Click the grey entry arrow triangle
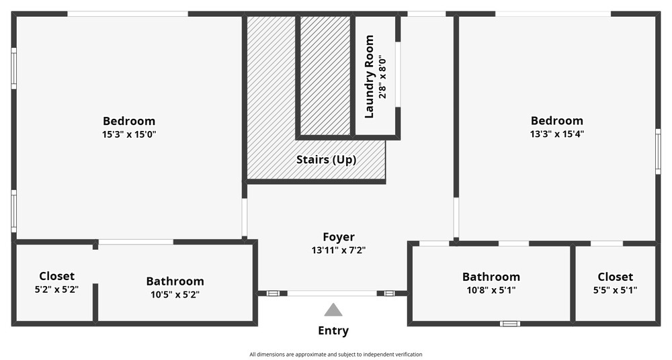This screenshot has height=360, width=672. tap(333, 310)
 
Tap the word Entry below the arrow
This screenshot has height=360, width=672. tap(333, 330)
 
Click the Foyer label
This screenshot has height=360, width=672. tap(339, 237)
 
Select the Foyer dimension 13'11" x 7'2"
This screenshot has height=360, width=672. tap(339, 251)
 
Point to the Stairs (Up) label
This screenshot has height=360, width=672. tap(327, 160)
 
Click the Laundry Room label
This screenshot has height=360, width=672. tap(369, 77)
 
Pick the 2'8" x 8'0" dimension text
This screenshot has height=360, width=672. tap(382, 77)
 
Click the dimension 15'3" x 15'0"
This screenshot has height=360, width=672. tap(129, 134)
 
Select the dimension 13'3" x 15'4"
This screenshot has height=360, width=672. tap(556, 134)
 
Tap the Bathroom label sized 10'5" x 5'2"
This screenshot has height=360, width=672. tap(175, 281)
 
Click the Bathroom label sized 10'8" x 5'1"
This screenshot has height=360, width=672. tap(491, 277)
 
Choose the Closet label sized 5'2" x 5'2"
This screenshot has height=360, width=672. tap(56, 276)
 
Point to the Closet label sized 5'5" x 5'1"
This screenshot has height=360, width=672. tap(615, 277)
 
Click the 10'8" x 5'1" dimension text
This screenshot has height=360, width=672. tap(491, 290)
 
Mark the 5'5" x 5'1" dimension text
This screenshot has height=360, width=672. tap(615, 290)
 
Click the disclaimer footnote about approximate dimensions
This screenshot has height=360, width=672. tap(335, 355)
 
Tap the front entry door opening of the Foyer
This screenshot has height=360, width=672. tap(332, 294)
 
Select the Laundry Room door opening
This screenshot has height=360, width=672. tap(398, 75)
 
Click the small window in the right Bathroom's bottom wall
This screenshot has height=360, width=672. tap(510, 324)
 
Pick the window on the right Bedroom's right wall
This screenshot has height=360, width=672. tap(658, 151)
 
